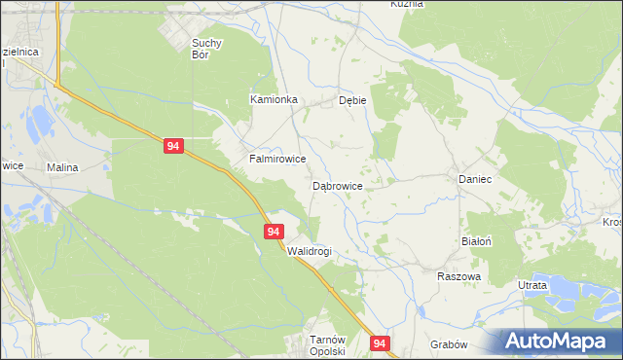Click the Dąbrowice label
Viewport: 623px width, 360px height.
(x=337, y=185)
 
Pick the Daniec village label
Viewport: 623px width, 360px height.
(x=475, y=180)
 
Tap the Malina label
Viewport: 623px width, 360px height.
(x=61, y=167)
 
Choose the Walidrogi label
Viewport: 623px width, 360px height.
(x=310, y=251)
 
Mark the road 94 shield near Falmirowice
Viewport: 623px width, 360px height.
(x=173, y=146)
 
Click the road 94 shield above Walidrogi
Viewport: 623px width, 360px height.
(x=274, y=232)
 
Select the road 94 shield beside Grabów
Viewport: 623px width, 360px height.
(x=380, y=342)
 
